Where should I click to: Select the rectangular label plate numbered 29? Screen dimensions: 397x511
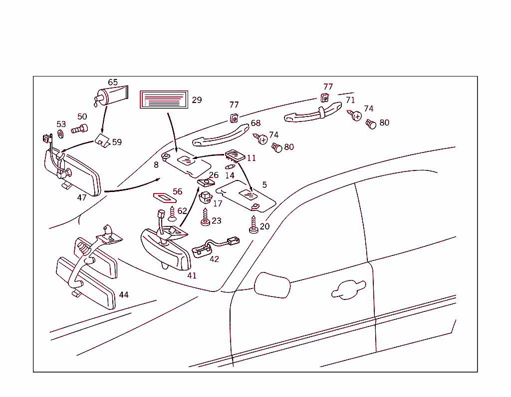click(164, 99)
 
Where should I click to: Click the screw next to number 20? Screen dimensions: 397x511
click(254, 224)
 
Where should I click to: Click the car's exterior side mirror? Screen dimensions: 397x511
click(272, 285)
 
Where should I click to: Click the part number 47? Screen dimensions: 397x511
click(82, 197)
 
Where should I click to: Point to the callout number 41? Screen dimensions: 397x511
click(192, 275)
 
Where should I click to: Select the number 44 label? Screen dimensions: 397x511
click(123, 295)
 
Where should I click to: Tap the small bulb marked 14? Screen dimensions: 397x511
click(230, 166)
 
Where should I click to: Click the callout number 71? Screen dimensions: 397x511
click(350, 100)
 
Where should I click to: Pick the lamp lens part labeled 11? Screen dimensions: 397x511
click(234, 154)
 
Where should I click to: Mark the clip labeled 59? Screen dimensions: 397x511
click(103, 141)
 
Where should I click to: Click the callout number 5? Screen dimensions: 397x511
click(264, 185)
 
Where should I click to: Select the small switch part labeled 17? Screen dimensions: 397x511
click(204, 195)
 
